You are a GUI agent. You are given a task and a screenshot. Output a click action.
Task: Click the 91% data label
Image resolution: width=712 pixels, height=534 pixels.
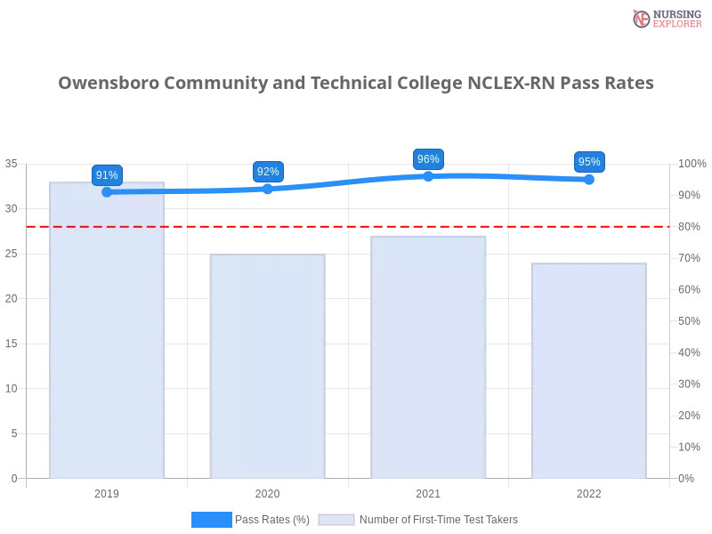click(x=107, y=175)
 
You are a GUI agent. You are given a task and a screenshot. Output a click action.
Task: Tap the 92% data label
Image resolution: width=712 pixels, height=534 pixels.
click(x=268, y=172)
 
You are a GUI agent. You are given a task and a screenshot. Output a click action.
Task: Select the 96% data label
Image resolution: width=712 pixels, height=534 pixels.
click(x=428, y=159)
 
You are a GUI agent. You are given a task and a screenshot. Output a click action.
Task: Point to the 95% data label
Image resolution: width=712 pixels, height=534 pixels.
click(x=588, y=162)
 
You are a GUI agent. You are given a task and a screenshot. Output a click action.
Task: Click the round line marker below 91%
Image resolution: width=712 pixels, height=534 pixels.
click(x=107, y=191)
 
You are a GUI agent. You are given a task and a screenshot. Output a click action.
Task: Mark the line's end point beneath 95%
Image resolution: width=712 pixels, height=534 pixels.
click(x=591, y=180)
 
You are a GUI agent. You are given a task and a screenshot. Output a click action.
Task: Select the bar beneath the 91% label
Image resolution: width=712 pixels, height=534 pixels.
click(x=107, y=338)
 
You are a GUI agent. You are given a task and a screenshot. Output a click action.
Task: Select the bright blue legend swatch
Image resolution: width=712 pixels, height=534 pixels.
click(x=211, y=520)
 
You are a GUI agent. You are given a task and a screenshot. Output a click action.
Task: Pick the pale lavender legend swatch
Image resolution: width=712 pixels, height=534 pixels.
click(x=336, y=520)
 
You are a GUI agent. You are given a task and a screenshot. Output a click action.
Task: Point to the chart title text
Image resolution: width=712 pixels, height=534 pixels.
click(x=356, y=85)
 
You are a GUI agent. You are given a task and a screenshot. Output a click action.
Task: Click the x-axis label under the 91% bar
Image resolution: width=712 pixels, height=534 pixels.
click(x=107, y=491)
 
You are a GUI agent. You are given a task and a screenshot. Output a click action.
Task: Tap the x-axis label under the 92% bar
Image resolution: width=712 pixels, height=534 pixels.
click(x=267, y=491)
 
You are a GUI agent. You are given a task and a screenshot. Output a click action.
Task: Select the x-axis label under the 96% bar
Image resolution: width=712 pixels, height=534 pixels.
click(x=428, y=491)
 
